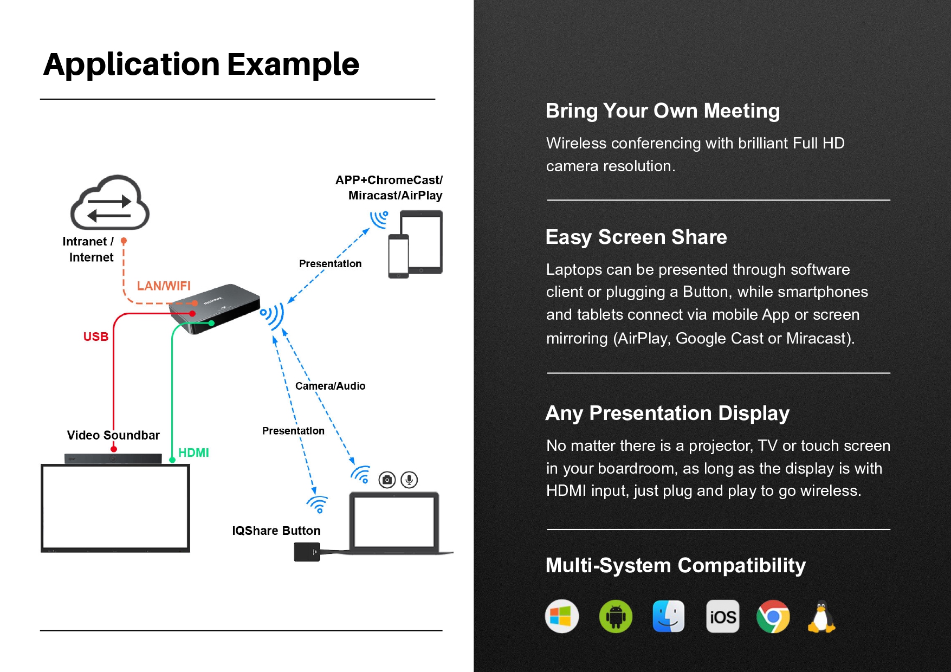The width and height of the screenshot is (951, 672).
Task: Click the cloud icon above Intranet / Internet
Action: (110, 203)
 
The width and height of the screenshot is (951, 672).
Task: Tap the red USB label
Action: (96, 337)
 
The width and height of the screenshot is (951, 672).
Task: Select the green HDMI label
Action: (193, 453)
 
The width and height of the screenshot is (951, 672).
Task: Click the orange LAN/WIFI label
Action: (164, 286)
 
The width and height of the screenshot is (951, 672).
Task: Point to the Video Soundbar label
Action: (113, 435)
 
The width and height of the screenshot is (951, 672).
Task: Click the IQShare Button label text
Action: (276, 531)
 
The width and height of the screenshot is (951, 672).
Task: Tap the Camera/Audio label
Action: (330, 386)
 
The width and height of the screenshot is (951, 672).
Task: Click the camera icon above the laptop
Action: (387, 480)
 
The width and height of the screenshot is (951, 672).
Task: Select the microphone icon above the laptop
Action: (409, 480)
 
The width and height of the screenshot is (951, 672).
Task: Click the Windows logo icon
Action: (561, 616)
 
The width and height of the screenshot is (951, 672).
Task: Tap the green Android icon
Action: (616, 616)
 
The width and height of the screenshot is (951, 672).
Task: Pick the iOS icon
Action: (723, 616)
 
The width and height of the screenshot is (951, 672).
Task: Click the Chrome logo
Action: (773, 616)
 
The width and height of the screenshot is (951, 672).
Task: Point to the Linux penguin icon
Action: (821, 616)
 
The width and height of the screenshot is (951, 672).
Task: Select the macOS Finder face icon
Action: (669, 616)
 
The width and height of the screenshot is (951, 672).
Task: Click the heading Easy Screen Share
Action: (636, 237)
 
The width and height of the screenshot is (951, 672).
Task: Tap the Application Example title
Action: (201, 64)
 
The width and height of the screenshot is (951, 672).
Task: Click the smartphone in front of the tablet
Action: (398, 256)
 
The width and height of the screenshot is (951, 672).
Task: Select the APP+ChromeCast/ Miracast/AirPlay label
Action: (389, 188)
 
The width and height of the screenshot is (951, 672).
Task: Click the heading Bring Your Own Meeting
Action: (663, 111)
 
